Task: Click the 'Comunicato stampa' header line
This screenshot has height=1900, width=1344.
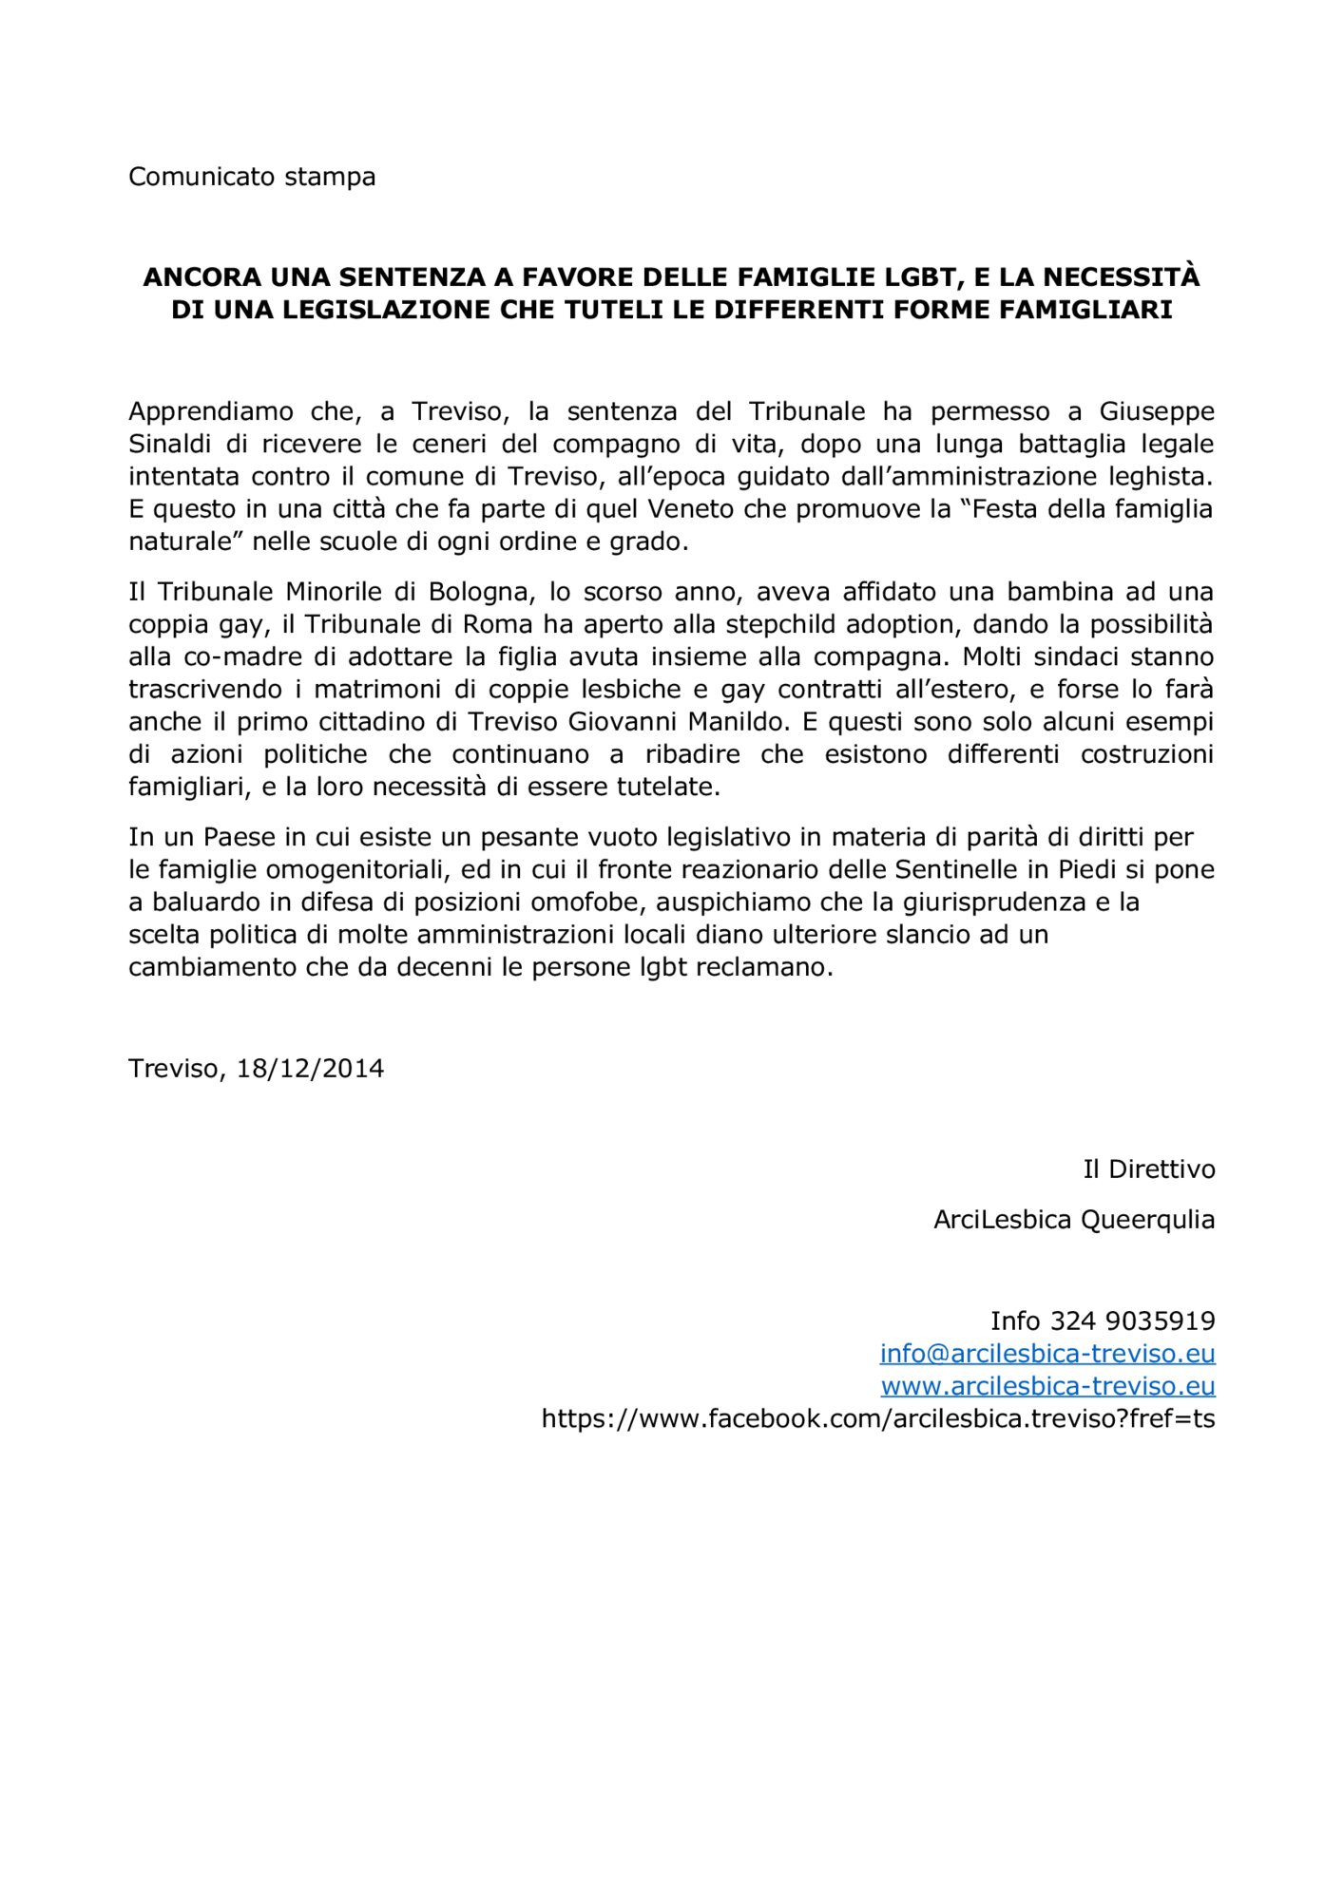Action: coord(252,177)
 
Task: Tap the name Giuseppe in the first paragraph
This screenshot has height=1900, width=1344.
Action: coord(1156,411)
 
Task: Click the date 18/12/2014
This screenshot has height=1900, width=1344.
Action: coord(310,1069)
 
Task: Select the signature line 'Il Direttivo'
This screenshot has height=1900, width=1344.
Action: coord(1148,1168)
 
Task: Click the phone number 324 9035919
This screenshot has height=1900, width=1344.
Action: coord(1132,1321)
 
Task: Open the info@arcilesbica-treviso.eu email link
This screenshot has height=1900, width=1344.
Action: coord(1046,1354)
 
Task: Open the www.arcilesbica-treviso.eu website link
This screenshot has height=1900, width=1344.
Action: coord(1047,1386)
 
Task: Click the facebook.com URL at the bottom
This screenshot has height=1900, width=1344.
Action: coord(877,1418)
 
